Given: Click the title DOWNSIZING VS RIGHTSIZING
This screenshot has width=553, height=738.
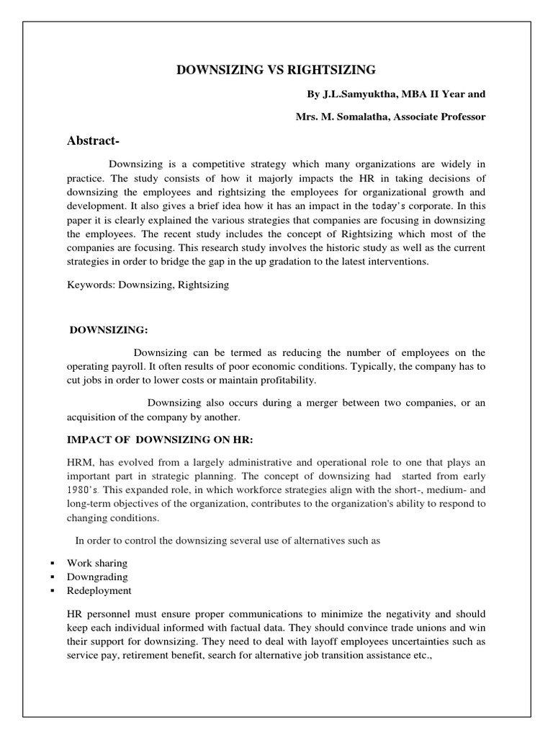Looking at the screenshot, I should (276, 70).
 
